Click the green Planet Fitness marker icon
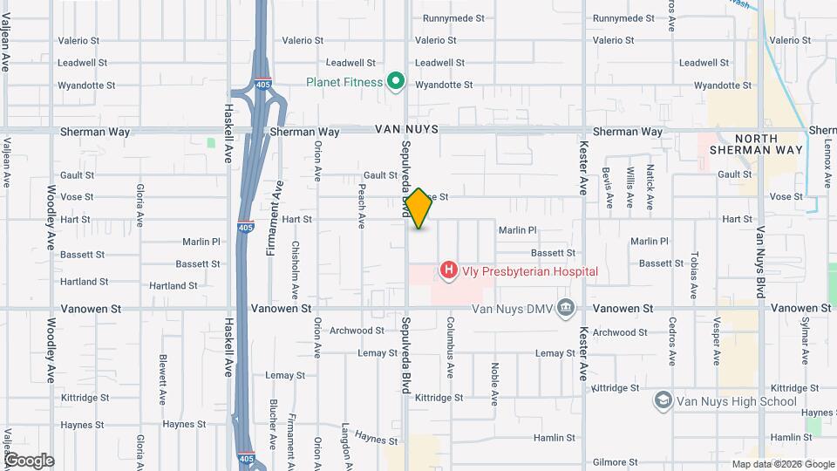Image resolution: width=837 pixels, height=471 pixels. click(x=396, y=82)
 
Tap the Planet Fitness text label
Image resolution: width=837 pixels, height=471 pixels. click(x=344, y=82)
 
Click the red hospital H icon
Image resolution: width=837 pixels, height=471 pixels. click(x=448, y=271)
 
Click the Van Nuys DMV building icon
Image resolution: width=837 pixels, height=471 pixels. click(x=566, y=307)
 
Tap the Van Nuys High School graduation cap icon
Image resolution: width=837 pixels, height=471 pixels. click(x=663, y=400)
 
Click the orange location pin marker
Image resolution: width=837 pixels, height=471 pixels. click(x=419, y=208)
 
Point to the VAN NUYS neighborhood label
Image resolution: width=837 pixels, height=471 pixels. click(x=405, y=129)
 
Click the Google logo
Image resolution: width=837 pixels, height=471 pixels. click(x=28, y=460)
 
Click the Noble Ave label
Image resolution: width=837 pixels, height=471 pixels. click(x=494, y=385)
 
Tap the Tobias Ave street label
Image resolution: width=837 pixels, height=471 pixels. click(x=694, y=276)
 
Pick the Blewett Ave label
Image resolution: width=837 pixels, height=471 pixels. click(x=163, y=379)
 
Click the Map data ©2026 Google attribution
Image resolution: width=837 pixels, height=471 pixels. click(x=782, y=463)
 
